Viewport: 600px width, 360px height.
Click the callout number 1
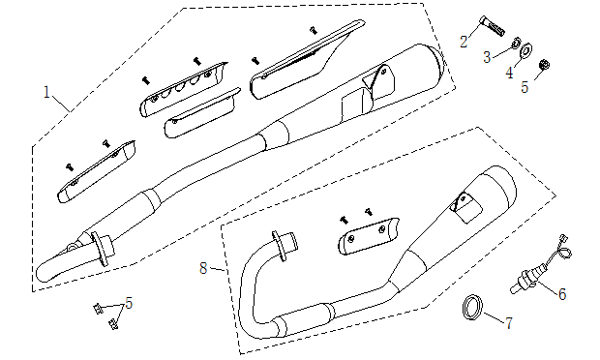click(x=46, y=92)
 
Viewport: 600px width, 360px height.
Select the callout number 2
click(x=464, y=42)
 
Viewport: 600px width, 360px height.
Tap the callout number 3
click(x=487, y=57)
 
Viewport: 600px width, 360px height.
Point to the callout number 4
click(x=509, y=73)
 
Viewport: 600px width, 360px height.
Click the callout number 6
click(x=561, y=294)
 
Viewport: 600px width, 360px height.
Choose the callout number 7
click(x=509, y=323)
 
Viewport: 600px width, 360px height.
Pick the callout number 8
click(x=203, y=268)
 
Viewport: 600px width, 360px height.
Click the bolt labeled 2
click(x=492, y=26)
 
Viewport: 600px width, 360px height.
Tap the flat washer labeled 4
click(x=526, y=50)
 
